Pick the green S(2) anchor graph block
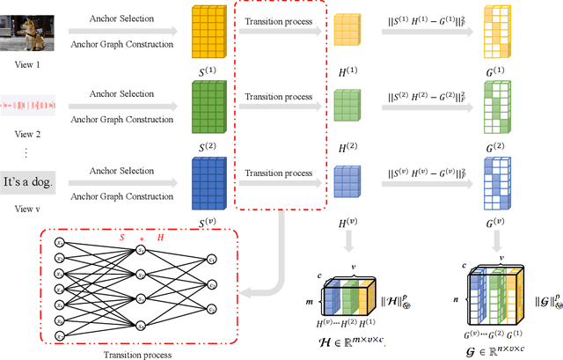(x=208, y=107)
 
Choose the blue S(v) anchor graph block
(x=208, y=183)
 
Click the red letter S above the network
(x=121, y=238)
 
